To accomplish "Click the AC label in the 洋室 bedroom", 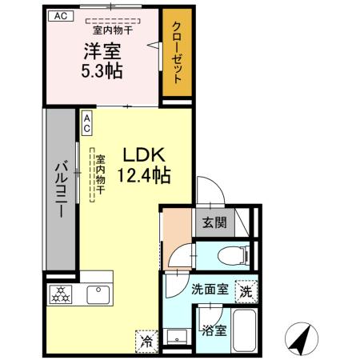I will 61,15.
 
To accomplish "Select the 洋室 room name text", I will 102,53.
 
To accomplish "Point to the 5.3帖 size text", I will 102,71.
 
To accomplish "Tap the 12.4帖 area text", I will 145,175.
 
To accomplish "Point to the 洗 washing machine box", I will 246,292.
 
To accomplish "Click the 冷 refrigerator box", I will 146,340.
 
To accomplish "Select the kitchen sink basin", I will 98,293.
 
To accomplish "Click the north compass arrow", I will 300,340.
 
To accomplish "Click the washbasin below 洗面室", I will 178,335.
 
